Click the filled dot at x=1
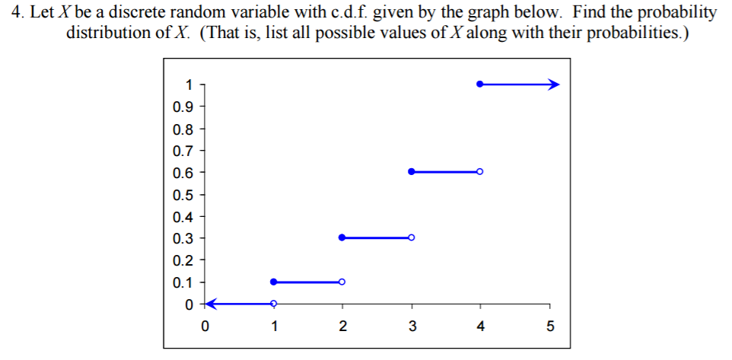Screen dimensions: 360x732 (273, 282)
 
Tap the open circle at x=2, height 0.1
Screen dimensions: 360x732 (342, 282)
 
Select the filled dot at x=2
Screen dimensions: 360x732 (342, 237)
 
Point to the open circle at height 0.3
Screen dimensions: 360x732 (412, 237)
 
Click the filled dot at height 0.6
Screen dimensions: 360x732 (412, 172)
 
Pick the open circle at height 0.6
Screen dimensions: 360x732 (480, 172)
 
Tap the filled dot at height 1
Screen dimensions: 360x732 (479, 84)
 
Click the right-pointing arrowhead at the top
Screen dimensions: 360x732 (554, 84)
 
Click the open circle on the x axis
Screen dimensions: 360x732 (273, 304)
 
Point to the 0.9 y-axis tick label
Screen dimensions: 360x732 (183, 107)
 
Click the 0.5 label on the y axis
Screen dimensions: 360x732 (183, 194)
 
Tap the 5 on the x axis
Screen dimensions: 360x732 (549, 327)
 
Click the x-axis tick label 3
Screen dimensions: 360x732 (412, 327)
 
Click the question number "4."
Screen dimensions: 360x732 (17, 13)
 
